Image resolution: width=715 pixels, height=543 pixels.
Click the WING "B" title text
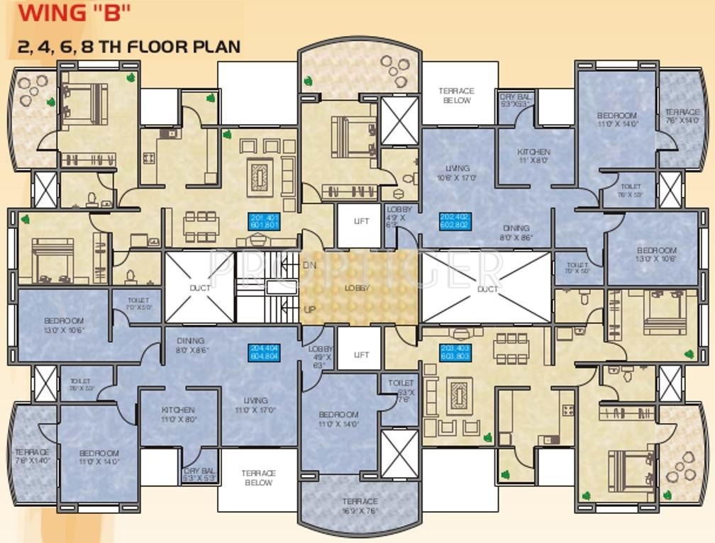click(65, 12)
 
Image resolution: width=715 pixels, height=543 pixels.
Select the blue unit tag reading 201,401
click(264, 221)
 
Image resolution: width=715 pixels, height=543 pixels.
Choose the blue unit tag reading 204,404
click(264, 352)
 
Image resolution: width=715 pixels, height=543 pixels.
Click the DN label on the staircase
click(310, 265)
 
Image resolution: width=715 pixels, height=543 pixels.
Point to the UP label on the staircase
click(310, 310)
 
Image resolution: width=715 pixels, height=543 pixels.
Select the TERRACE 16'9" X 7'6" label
click(360, 505)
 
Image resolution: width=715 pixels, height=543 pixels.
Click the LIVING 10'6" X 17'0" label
click(455, 173)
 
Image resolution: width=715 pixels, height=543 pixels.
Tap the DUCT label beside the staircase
click(199, 289)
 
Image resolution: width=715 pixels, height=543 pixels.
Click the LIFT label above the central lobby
click(361, 221)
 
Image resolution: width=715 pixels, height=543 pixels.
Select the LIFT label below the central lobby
click(361, 354)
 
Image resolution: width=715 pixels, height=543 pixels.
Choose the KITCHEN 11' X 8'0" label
click(533, 156)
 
